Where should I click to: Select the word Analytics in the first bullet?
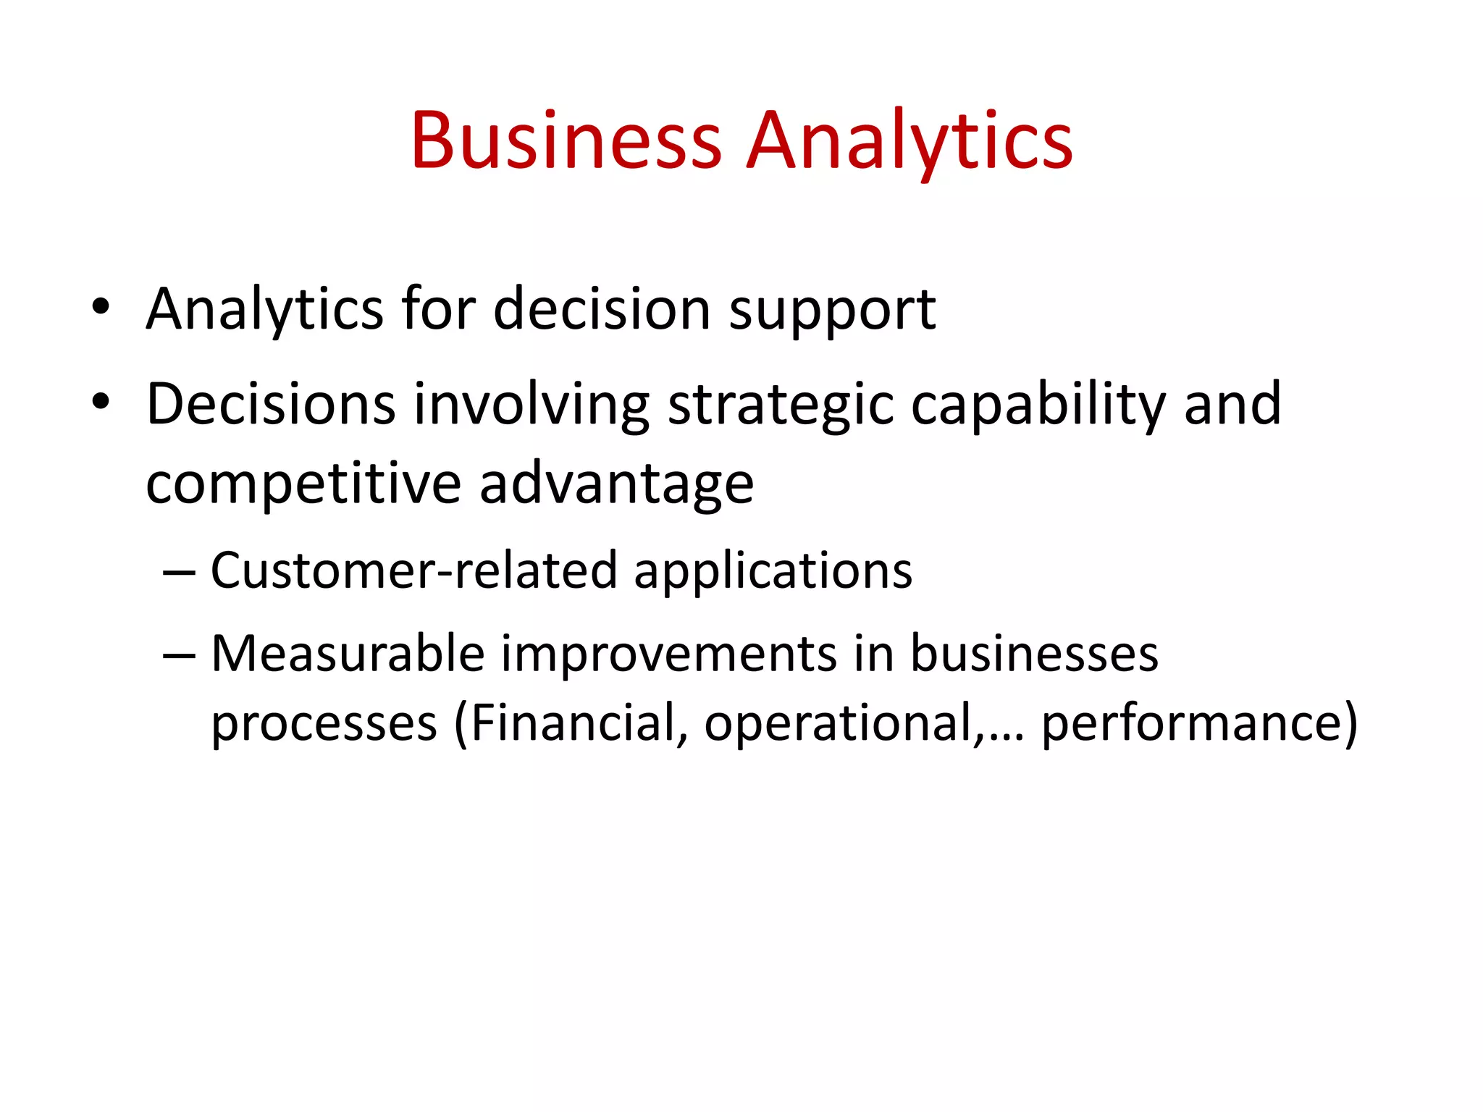tap(264, 310)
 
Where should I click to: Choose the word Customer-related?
tap(413, 571)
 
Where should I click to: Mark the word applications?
tap(773, 571)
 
